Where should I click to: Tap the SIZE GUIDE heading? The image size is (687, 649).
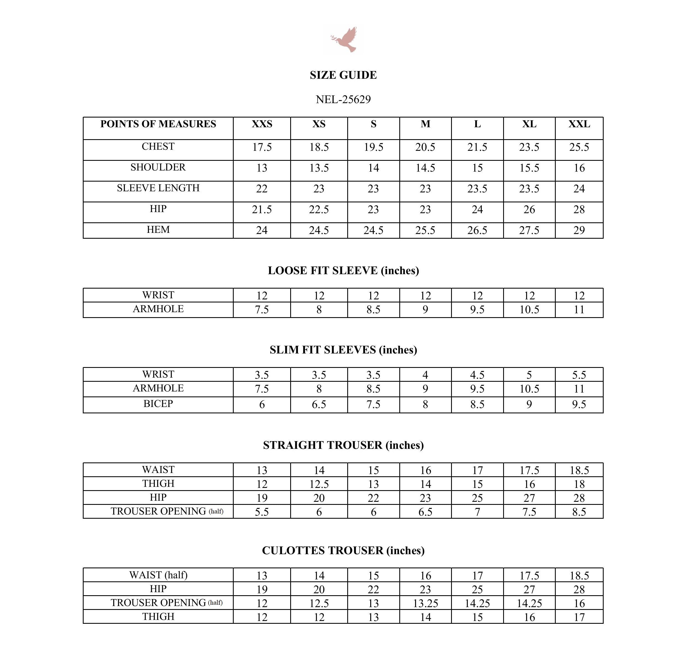[343, 75]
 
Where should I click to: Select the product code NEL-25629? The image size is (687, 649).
[343, 100]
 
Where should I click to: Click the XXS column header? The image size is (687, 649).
[262, 124]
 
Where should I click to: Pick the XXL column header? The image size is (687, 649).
[579, 124]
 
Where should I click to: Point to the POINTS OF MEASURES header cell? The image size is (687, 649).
[158, 124]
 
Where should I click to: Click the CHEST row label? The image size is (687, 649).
[158, 147]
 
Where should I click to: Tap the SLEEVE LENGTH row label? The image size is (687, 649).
[158, 188]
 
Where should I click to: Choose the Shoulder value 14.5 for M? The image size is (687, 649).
[425, 168]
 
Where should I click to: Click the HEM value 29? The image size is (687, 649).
[579, 230]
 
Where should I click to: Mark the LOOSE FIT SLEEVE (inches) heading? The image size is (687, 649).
[343, 271]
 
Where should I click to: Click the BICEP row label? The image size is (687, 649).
[158, 404]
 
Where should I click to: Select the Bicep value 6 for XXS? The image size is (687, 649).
[262, 404]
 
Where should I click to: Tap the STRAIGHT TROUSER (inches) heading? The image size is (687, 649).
[343, 445]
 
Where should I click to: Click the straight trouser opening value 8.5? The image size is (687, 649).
[579, 512]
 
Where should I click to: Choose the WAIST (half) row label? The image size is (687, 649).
[158, 575]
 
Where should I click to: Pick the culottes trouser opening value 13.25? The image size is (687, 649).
[425, 603]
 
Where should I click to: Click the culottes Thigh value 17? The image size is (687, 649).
[579, 617]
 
